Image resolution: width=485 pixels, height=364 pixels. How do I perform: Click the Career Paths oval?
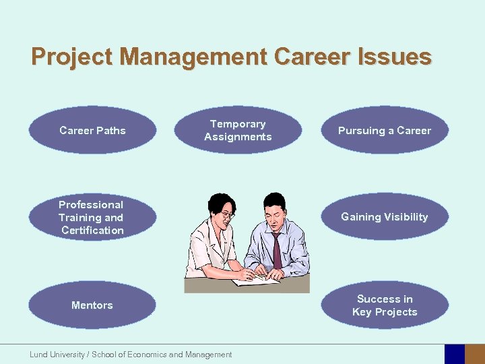pos(92,130)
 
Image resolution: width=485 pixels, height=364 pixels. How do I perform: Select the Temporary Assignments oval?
pos(238,130)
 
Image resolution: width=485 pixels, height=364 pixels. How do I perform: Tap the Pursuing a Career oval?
pos(385,130)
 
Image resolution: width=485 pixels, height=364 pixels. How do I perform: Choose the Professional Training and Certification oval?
pos(92,217)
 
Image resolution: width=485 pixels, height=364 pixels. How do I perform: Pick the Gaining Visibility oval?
pos(385,217)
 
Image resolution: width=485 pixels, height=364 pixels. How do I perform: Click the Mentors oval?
pos(92,305)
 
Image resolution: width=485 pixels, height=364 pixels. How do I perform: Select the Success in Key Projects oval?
pos(385,305)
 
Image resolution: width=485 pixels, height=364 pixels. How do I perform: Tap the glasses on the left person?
pos(228,215)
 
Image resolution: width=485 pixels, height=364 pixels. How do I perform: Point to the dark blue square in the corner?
pos(455,354)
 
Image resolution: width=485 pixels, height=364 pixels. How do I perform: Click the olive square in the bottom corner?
pos(475,354)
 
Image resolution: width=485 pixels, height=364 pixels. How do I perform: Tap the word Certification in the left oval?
pos(92,231)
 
